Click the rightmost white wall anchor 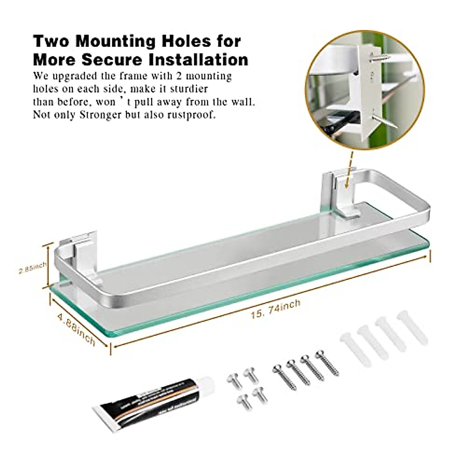(412, 327)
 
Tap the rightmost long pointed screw (327, 363)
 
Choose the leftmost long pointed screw (285, 377)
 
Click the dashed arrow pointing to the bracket (351, 165)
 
